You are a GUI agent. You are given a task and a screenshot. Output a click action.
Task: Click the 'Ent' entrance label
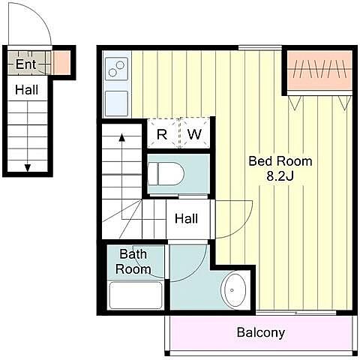[x=26, y=64]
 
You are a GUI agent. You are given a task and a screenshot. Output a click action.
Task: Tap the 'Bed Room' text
[x=280, y=161]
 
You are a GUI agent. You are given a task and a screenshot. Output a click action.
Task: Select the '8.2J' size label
[x=280, y=176]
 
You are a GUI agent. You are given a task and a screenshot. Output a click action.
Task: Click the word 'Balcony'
[x=261, y=333]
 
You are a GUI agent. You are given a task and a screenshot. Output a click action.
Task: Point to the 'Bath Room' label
[x=133, y=262]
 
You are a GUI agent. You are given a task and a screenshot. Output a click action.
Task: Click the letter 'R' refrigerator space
[x=162, y=134]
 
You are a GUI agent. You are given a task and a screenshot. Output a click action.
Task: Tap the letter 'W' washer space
[x=194, y=134]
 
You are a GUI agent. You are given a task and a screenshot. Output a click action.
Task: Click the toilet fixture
[x=166, y=173]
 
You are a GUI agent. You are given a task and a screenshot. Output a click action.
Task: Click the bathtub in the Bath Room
[x=136, y=295]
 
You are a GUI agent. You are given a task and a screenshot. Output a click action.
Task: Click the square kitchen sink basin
[x=116, y=103]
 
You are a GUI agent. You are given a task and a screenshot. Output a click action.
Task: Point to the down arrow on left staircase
[x=28, y=167]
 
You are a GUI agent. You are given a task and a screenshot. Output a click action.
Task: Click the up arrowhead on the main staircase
[x=122, y=137]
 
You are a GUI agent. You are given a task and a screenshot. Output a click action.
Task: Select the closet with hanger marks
[x=319, y=70]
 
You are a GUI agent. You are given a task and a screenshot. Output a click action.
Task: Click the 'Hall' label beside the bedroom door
[x=187, y=219]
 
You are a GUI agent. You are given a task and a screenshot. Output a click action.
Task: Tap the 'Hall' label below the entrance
[x=27, y=90]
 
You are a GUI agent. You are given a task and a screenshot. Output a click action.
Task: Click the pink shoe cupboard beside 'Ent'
[x=61, y=62]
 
